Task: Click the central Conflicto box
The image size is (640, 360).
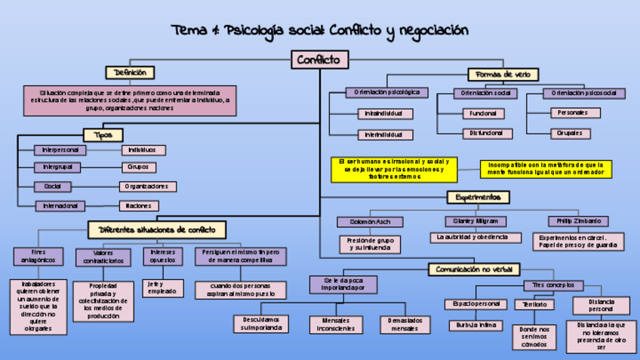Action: [319, 60]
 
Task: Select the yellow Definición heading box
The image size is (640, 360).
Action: [131, 72]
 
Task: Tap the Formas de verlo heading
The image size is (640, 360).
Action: [503, 74]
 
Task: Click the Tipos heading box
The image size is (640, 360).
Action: [103, 135]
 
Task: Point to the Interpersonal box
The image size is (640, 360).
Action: [60, 150]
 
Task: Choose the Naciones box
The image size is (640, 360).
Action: [139, 205]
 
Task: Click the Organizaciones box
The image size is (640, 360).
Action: [149, 186]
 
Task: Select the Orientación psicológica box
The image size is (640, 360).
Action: [387, 93]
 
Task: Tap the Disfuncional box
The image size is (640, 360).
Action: [487, 134]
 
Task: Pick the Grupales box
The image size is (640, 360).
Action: [575, 134]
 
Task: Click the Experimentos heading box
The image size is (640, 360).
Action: [478, 198]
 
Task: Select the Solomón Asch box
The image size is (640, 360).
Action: [370, 222]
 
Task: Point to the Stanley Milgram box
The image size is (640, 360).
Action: [475, 221]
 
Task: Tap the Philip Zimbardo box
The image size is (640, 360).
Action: [578, 221]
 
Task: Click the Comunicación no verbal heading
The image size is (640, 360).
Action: [475, 269]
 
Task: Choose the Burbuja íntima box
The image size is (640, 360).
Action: [475, 325]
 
